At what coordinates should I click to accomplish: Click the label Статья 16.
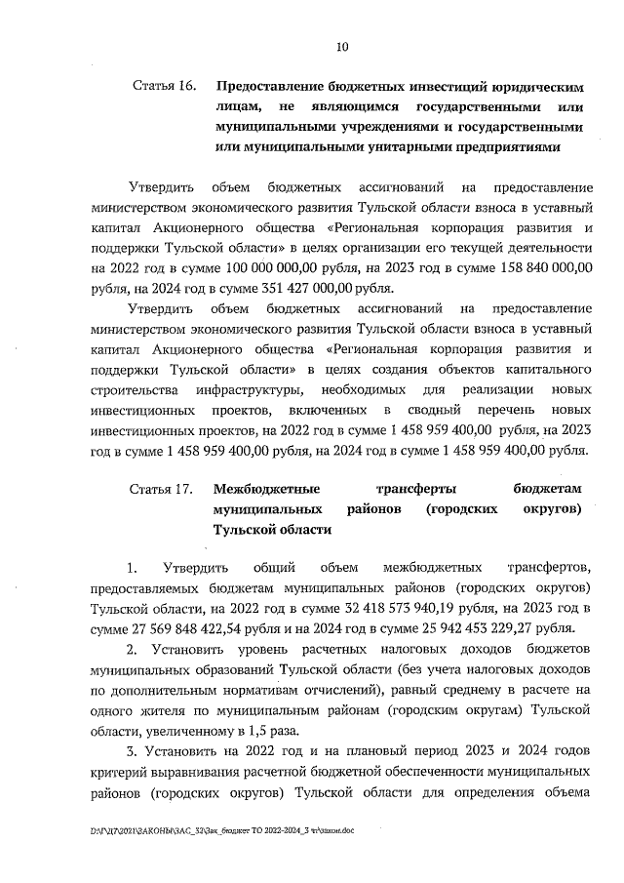[x=164, y=86]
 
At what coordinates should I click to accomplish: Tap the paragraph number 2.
[x=133, y=649]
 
